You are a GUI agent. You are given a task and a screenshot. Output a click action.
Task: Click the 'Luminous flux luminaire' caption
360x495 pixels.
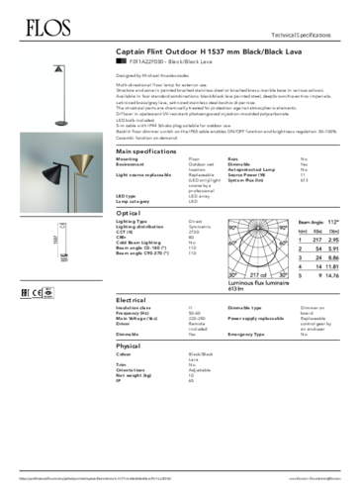[x=261, y=280]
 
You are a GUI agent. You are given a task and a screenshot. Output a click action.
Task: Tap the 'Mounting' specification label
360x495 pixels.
[x=128, y=157]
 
